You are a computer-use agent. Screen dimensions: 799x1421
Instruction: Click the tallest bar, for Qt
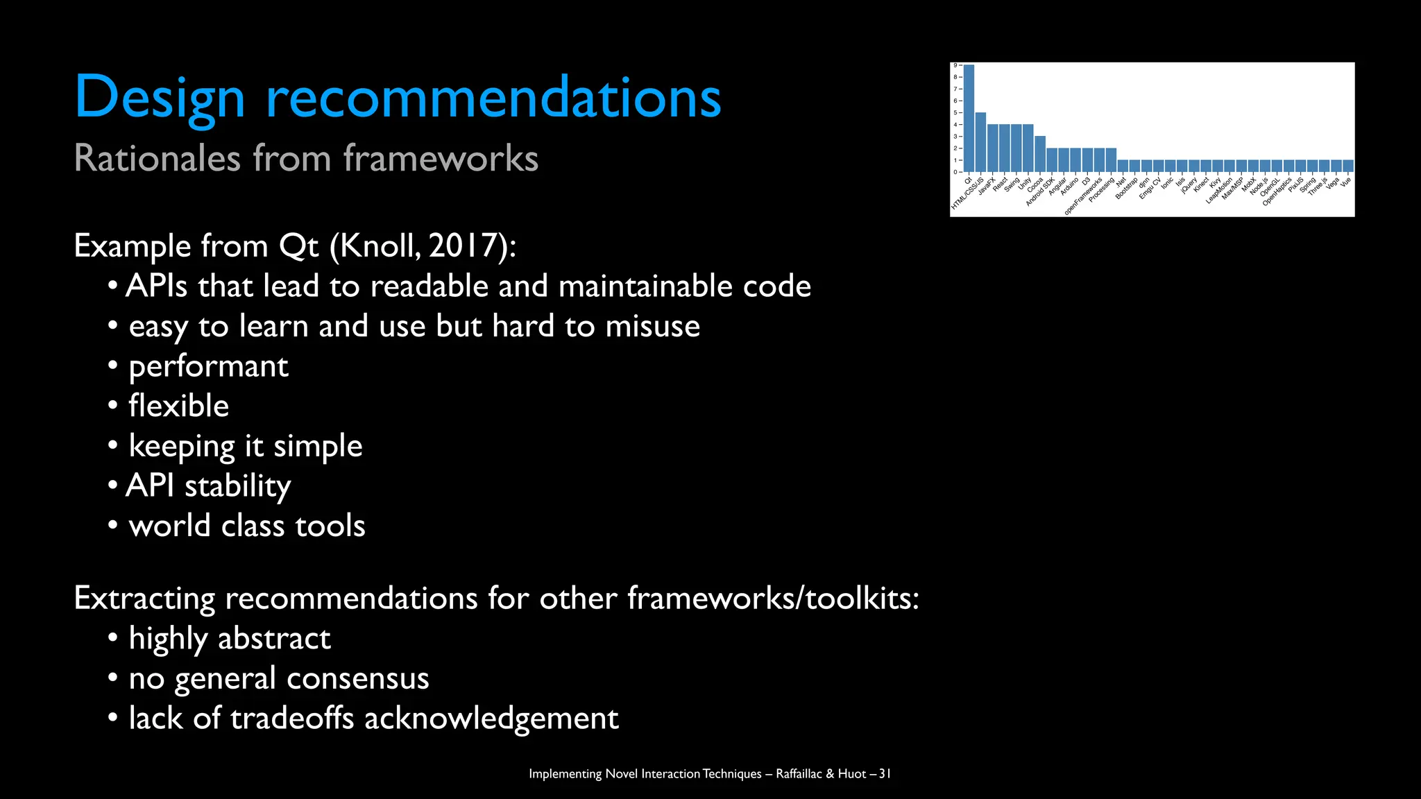point(969,118)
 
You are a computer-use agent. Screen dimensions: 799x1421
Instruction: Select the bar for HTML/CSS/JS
point(980,142)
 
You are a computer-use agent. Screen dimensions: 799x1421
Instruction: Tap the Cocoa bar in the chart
point(1040,154)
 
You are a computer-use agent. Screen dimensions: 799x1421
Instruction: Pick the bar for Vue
point(1347,166)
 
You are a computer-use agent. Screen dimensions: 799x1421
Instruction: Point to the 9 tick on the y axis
point(955,65)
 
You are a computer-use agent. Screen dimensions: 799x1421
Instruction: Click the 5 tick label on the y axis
point(955,112)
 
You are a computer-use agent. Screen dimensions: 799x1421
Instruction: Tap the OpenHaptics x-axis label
point(1277,191)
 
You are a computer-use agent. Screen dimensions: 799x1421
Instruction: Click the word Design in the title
point(160,98)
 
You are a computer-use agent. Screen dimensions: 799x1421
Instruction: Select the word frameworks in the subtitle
point(441,158)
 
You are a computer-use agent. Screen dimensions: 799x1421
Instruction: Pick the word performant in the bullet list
point(208,366)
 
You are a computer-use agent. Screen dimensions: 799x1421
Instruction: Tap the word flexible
point(178,406)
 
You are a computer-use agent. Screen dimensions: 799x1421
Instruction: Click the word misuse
point(652,326)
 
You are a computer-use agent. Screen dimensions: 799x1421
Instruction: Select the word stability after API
point(237,486)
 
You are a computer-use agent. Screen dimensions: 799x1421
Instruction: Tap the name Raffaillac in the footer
point(799,773)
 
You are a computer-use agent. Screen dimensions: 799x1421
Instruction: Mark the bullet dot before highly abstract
point(113,638)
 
